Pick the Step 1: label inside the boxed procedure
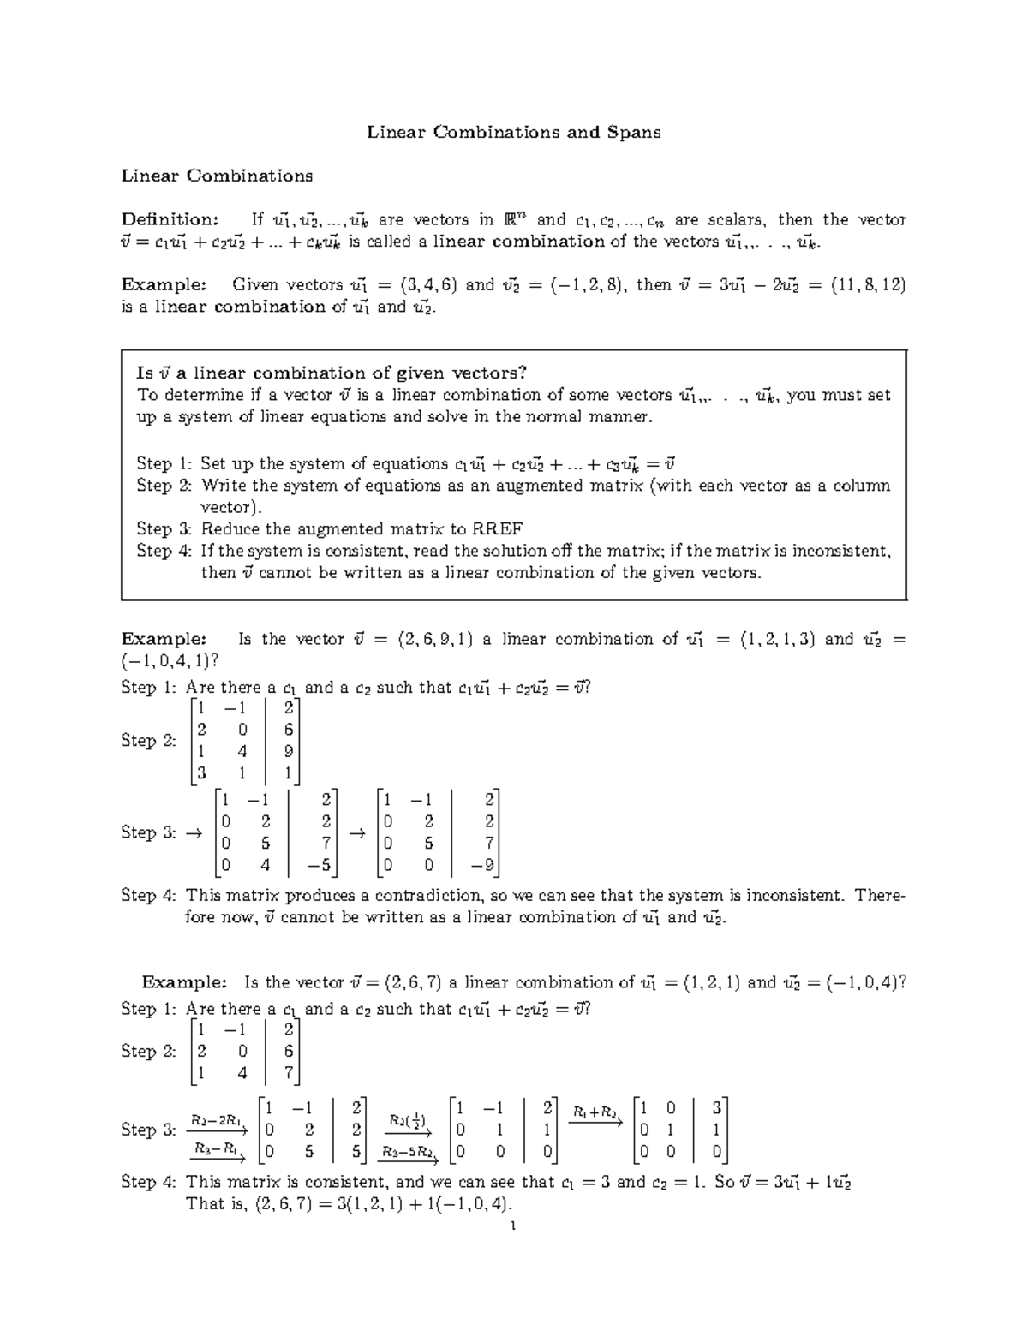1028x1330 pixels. [x=164, y=464]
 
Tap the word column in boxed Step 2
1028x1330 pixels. [x=859, y=486]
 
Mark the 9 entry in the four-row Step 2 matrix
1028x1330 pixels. [x=289, y=751]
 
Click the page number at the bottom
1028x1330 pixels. [x=512, y=1226]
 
